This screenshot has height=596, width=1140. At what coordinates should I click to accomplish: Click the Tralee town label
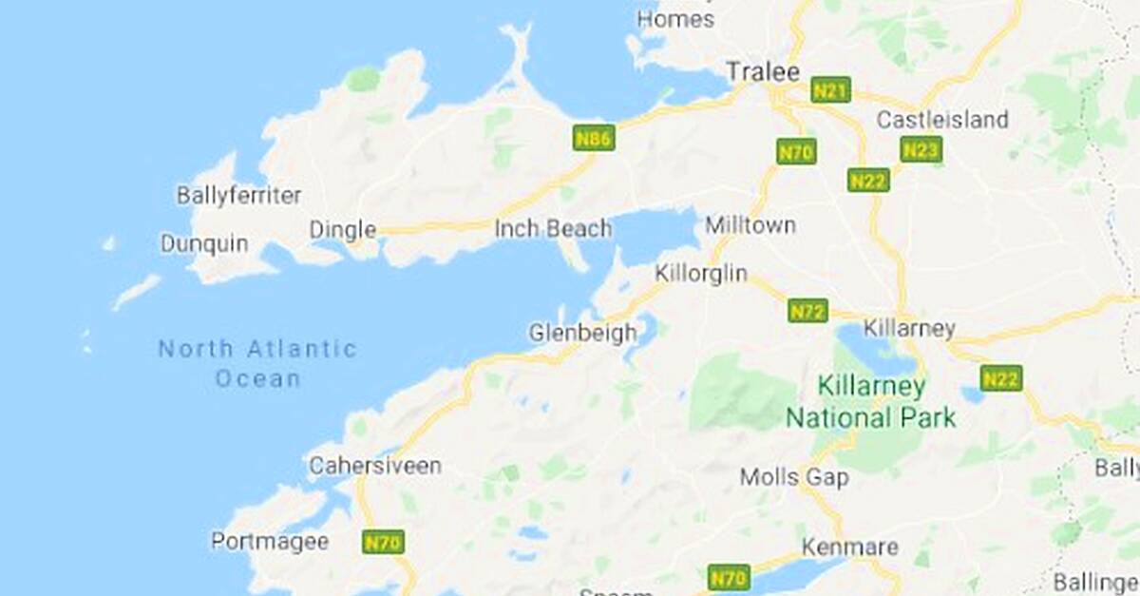point(763,72)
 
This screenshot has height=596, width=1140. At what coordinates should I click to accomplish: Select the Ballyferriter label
point(238,196)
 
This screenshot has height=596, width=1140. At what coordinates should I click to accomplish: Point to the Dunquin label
point(203,244)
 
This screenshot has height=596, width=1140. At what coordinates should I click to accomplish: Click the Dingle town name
point(342,230)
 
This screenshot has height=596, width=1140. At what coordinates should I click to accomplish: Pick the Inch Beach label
point(553,229)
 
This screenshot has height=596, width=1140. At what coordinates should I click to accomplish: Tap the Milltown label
point(750,226)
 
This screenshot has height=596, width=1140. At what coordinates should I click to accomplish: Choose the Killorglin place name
point(701,274)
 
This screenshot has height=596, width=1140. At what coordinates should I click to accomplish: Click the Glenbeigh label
point(582,334)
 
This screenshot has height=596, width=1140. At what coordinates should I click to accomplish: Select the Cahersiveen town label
point(375,466)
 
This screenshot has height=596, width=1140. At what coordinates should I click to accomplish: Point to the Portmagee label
point(270,542)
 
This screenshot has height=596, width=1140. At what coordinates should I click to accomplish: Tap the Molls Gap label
point(793,477)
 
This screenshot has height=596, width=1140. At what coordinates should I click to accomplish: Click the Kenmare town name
point(849,548)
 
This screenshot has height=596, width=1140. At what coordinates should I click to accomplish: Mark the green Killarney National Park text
point(870,402)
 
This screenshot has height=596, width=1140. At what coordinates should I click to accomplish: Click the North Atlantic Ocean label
point(257,363)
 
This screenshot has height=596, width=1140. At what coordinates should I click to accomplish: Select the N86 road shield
point(594,139)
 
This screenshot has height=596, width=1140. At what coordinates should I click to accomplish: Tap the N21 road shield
point(831,91)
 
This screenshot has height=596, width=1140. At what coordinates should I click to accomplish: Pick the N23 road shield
point(921,150)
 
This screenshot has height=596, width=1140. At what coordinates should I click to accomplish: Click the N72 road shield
point(807,311)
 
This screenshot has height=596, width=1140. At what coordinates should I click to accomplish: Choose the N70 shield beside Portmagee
point(384,543)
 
